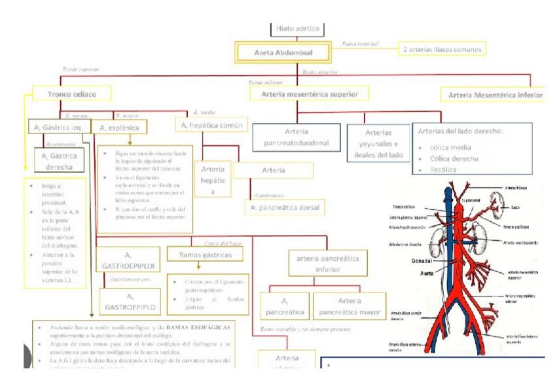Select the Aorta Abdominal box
283,51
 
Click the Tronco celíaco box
71,95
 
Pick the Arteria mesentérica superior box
309,94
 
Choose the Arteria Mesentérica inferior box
495,95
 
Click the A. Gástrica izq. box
58,128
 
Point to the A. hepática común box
210,125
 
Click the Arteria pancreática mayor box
350,306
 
